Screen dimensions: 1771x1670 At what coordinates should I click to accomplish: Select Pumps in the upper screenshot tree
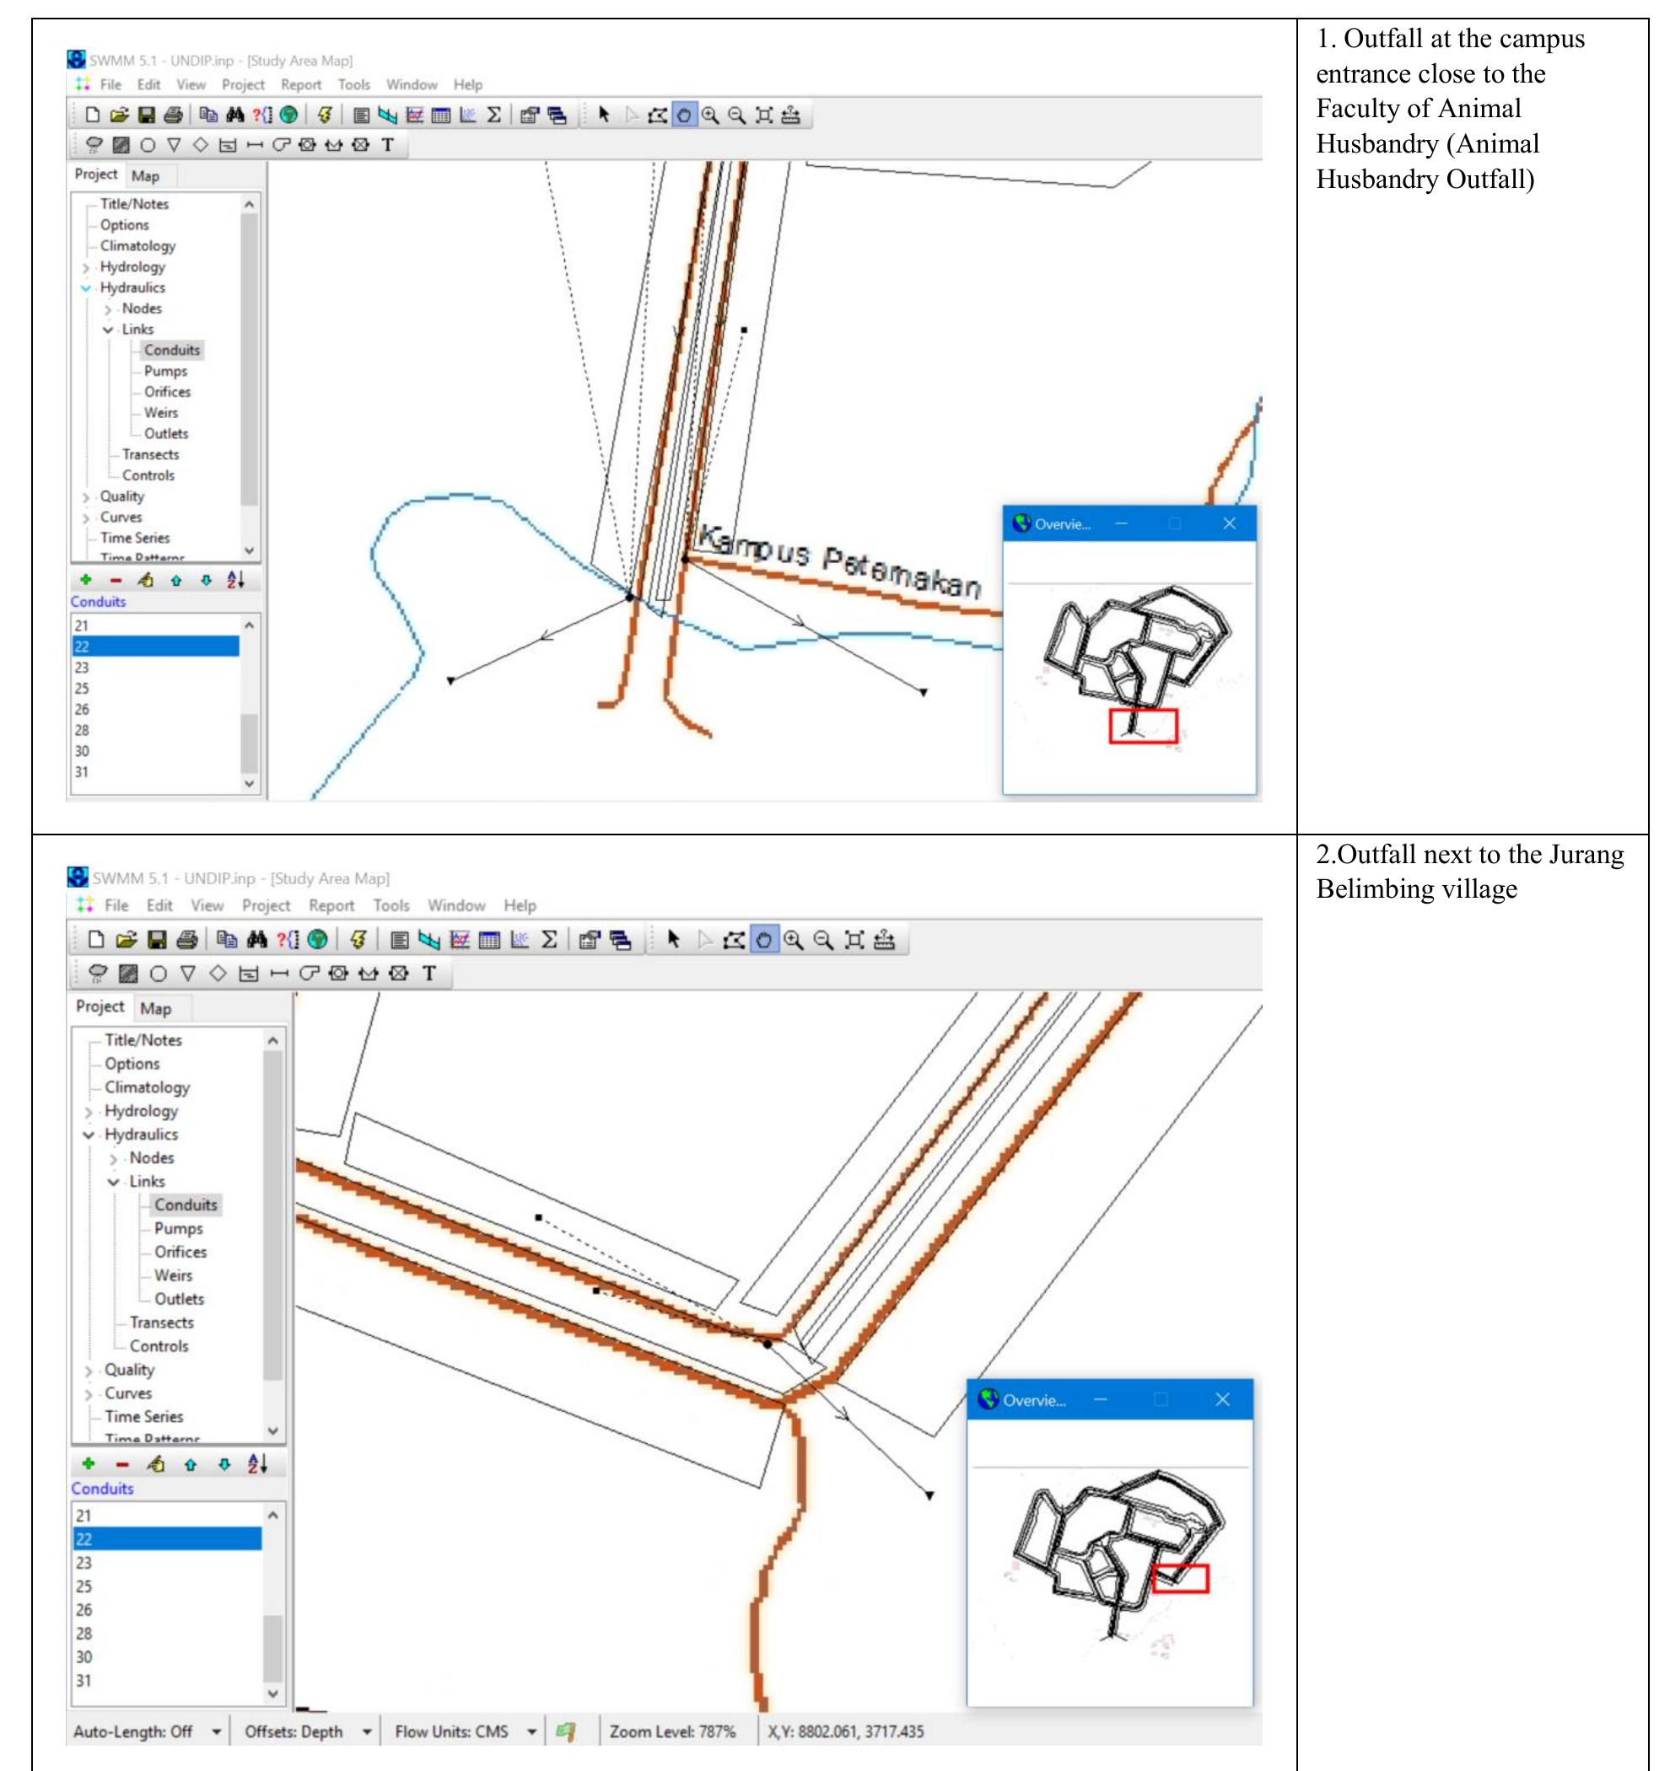166,371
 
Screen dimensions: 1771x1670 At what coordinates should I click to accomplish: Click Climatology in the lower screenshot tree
147,1087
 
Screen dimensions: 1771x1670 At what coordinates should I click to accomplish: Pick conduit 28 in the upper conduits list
82,730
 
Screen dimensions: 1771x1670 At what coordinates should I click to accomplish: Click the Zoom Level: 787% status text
672,1731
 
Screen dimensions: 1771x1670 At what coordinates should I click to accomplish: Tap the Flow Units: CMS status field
451,1731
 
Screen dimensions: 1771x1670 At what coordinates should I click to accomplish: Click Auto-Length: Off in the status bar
132,1731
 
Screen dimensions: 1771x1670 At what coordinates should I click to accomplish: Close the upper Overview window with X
1229,523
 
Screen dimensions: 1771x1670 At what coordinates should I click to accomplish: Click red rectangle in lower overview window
1180,1579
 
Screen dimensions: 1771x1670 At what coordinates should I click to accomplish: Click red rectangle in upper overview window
1144,725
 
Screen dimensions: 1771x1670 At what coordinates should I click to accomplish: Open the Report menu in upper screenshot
300,84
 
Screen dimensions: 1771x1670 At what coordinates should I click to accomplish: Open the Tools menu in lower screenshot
391,905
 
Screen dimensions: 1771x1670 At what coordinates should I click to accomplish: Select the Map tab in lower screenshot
155,1008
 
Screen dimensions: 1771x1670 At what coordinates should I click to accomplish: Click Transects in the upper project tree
151,454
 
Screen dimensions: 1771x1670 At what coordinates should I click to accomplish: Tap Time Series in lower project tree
143,1416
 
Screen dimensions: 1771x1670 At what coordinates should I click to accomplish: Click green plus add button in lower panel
89,1463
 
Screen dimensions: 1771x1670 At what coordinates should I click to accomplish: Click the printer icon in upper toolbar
174,115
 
